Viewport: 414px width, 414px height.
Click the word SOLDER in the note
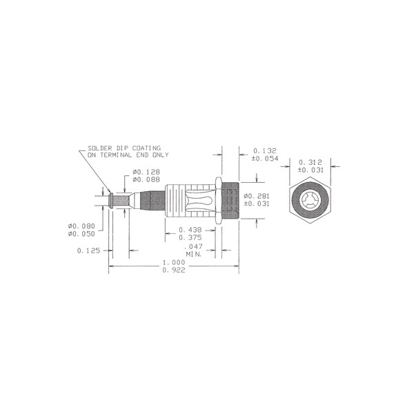click(x=100, y=148)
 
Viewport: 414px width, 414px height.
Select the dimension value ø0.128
click(x=146, y=172)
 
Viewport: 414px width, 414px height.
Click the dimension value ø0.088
click(x=146, y=179)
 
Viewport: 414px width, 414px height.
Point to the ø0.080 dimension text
click(x=81, y=226)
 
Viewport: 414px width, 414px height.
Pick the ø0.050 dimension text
click(x=81, y=234)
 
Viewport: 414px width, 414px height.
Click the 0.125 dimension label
click(x=88, y=250)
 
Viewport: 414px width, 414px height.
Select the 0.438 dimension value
click(x=190, y=230)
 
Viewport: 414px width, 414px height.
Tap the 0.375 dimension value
click(x=190, y=237)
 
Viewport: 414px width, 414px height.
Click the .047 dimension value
click(x=193, y=246)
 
